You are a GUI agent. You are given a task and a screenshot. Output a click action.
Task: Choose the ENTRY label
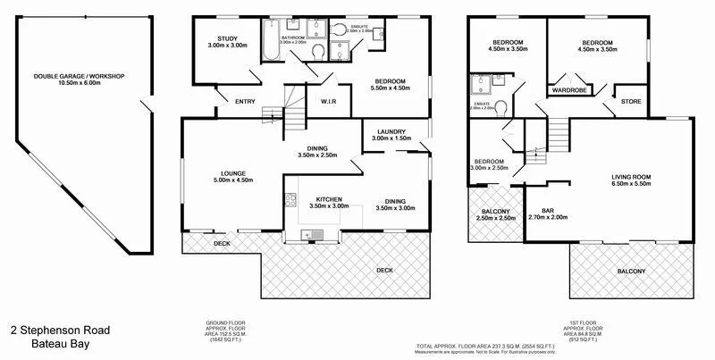245,102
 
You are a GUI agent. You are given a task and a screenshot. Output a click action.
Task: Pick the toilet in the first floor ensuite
502,109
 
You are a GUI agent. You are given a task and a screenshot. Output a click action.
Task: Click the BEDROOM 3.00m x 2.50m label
488,164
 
